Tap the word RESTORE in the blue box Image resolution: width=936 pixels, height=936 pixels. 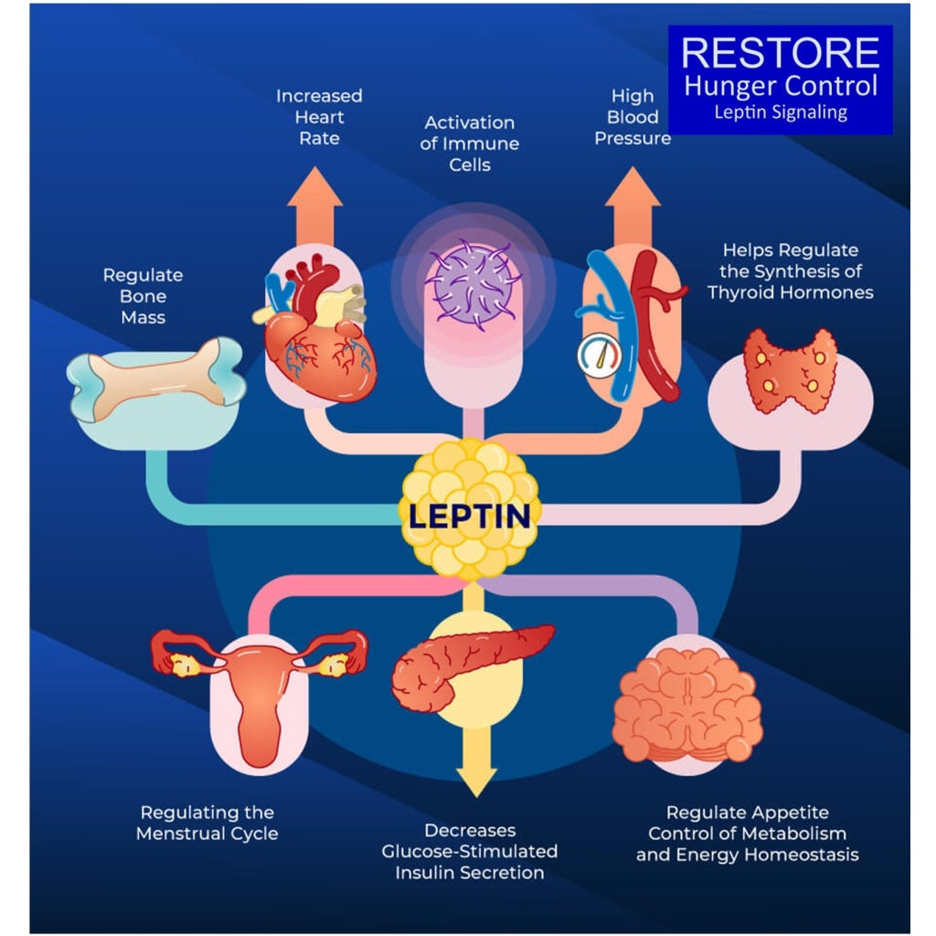point(780,53)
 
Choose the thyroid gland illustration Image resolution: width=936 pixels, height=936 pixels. point(790,370)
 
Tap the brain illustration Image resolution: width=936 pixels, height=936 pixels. point(687,704)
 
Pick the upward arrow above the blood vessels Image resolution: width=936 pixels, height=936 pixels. point(633,206)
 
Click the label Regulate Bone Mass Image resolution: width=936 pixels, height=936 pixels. point(143,296)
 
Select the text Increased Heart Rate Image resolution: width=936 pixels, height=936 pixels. point(319,117)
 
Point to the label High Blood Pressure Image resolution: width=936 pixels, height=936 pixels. point(633,117)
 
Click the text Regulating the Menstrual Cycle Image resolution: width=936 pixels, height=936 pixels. point(207,823)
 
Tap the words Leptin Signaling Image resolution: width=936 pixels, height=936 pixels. point(780,113)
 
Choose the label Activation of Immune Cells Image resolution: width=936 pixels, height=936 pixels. point(470,144)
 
